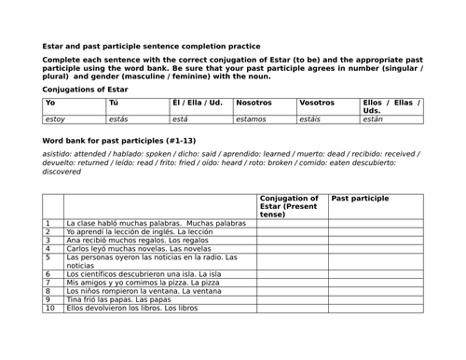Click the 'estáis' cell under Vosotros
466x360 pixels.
pos(312,119)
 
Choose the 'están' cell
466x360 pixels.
pos(374,119)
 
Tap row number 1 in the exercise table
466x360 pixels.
pos(48,224)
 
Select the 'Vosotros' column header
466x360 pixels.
pos(317,102)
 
